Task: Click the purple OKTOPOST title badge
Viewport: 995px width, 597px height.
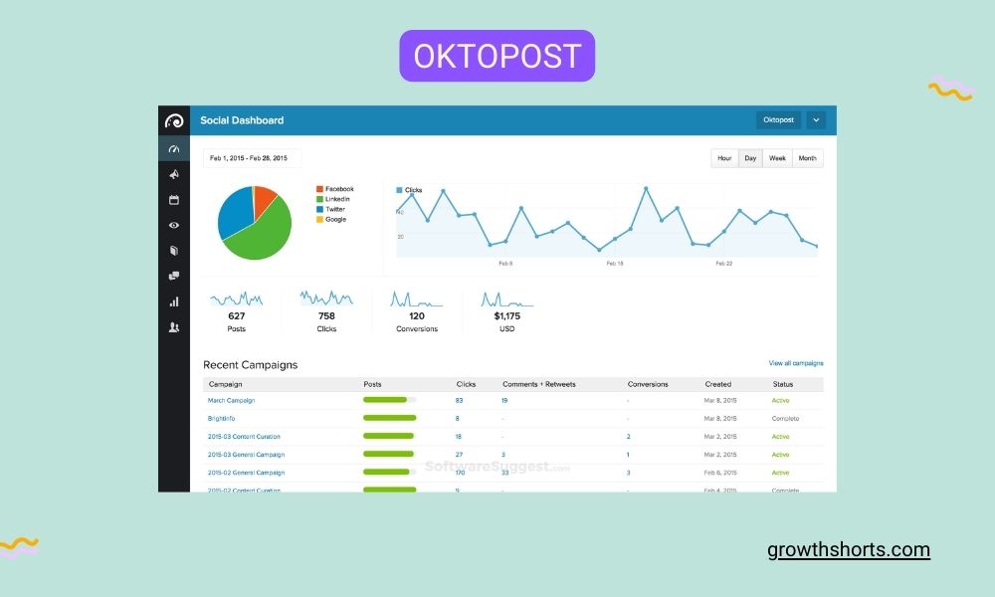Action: [x=497, y=56]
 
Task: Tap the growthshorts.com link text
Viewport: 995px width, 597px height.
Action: [x=849, y=549]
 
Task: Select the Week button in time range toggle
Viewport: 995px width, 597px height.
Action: [x=777, y=158]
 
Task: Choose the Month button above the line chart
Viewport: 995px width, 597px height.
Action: [x=807, y=158]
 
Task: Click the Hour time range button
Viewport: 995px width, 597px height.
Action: [x=724, y=158]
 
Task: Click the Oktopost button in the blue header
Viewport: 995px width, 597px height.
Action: [x=778, y=120]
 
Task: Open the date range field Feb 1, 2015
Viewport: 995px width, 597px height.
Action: [x=252, y=158]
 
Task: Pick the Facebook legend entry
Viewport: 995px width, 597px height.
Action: [x=338, y=189]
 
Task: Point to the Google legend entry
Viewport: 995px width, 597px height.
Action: [x=334, y=219]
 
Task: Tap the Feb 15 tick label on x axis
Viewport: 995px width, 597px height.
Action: [x=614, y=264]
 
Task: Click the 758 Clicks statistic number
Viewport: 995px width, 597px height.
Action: [x=326, y=316]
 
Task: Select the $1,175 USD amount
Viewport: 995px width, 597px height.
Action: [x=506, y=316]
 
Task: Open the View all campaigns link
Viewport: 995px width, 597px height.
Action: [x=795, y=363]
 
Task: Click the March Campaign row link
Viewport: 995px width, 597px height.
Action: [x=231, y=400]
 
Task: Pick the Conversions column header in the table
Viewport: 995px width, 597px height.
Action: [x=648, y=384]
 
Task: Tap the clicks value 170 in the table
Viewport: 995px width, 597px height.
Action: [x=460, y=473]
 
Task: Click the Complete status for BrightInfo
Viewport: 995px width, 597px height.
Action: [x=785, y=418]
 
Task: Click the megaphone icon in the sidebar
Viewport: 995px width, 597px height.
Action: [x=173, y=174]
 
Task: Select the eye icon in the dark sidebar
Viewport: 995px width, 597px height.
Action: [x=173, y=225]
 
